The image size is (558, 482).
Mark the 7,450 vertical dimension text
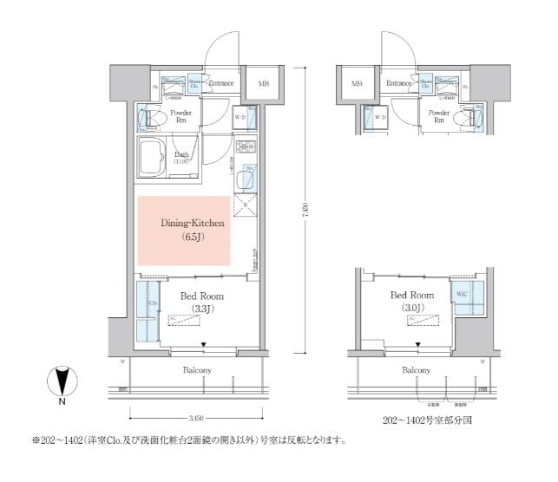tap(305, 210)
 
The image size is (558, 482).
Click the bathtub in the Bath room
tap(156, 158)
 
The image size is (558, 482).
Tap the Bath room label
tap(181, 157)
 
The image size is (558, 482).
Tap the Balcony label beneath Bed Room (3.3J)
tap(197, 371)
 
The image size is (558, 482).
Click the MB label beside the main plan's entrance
tap(263, 84)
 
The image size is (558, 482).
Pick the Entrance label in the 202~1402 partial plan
tap(397, 83)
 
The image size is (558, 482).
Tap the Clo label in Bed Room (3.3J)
tap(153, 304)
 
